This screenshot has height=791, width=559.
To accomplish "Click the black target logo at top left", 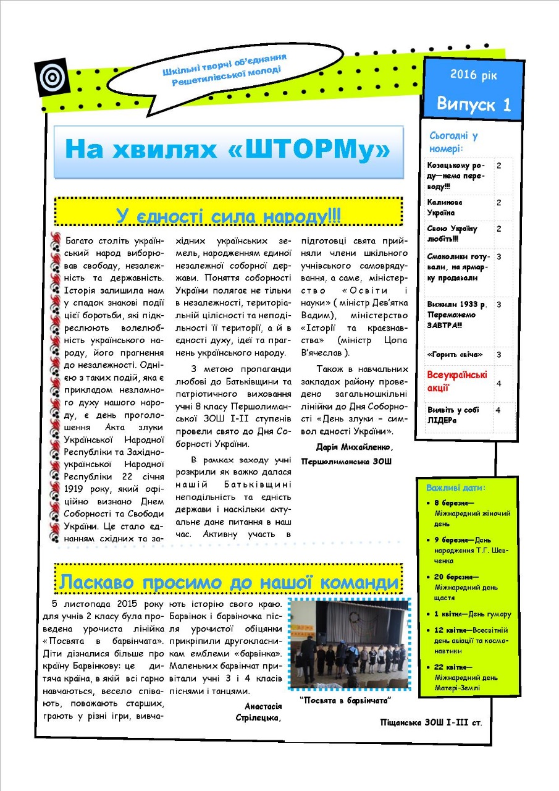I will coord(51,77).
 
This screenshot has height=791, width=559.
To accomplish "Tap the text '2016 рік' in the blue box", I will coord(473,75).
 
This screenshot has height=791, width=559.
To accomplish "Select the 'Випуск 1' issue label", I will coord(474,103).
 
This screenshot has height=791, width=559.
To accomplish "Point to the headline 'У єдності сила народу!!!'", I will coord(229,216).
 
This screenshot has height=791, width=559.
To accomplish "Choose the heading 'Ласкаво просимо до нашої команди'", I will coord(228,582).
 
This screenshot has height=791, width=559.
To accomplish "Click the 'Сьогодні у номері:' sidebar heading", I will coord(453,142).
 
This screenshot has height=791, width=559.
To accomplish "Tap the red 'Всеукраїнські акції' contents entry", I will coord(456,381).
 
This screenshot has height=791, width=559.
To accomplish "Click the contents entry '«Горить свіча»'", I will coord(455,355).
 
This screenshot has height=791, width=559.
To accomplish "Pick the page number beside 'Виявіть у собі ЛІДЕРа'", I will coord(498,409).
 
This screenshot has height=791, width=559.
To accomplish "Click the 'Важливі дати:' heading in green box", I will coord(456,488).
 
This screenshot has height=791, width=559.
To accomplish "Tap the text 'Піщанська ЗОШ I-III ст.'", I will coord(431,721).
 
